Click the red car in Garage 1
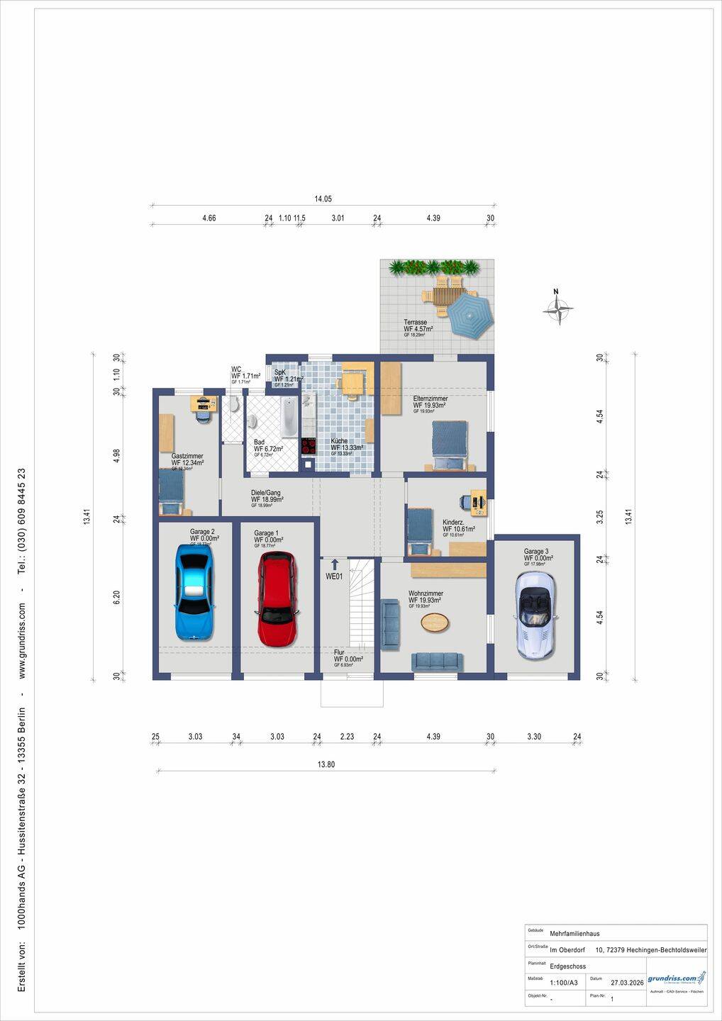pos(277,599)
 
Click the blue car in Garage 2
pos(194,593)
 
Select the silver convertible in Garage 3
pos(535,614)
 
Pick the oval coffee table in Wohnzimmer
pos(434,623)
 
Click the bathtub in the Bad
pos(289,417)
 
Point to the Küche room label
pos(339,441)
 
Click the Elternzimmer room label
pos(430,399)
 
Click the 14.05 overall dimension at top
pos(323,199)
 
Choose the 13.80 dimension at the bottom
pos(326,764)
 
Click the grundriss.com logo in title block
pos(677,979)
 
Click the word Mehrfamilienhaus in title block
pos(574,934)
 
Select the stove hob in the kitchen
pos(309,446)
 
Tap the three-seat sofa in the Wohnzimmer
pos(437,662)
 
